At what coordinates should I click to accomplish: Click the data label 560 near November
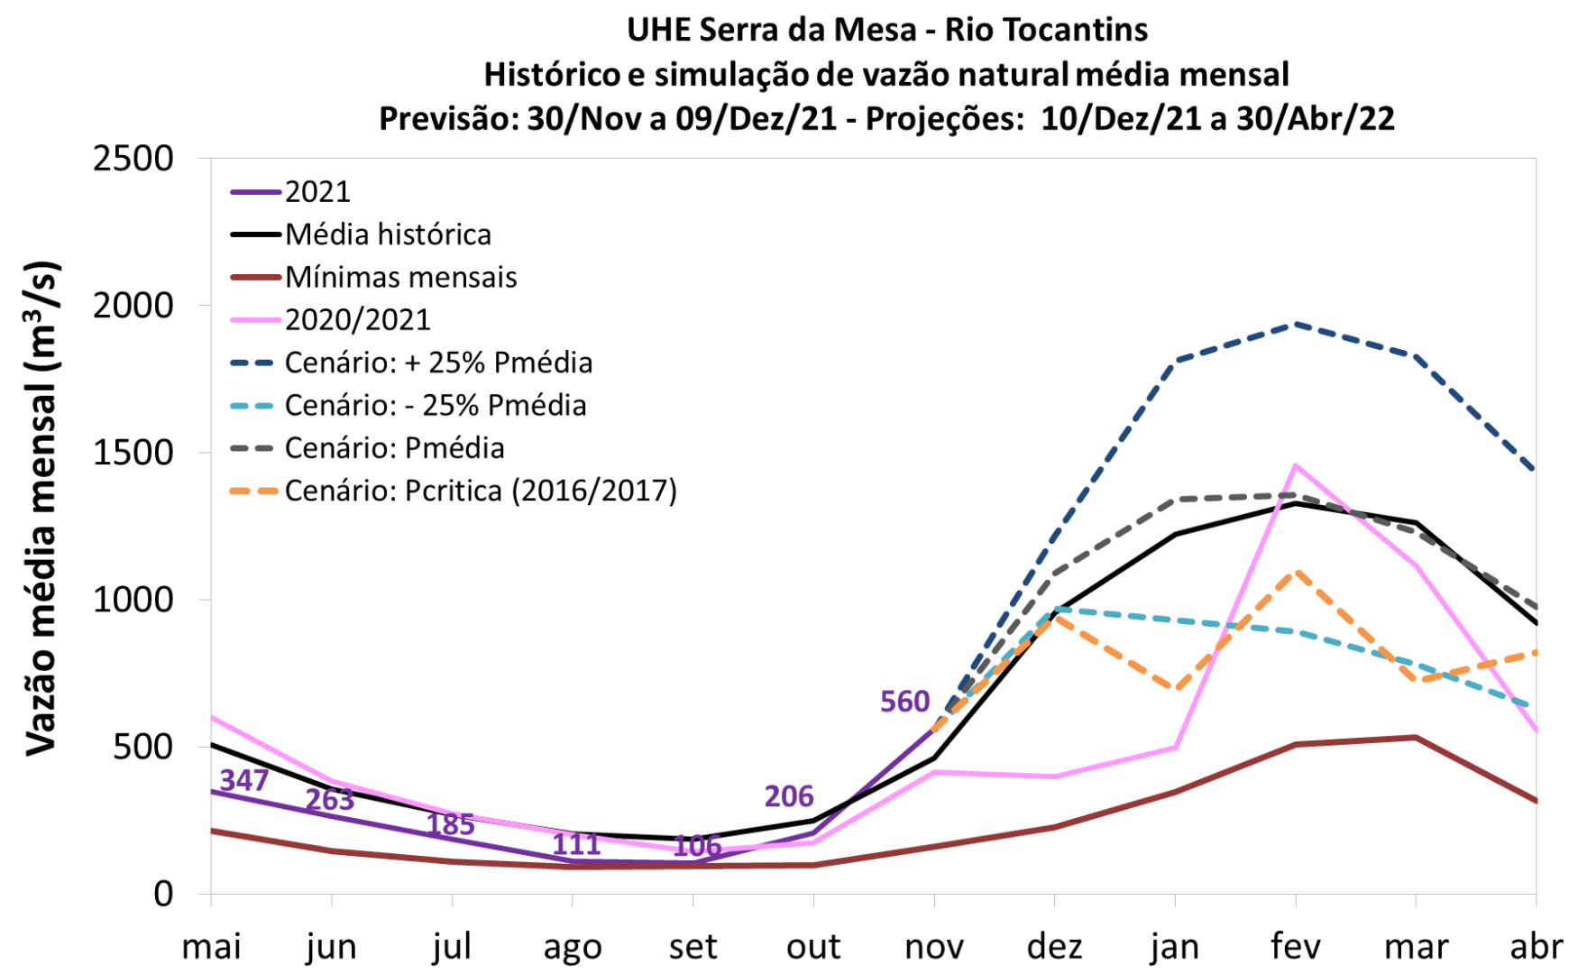904,702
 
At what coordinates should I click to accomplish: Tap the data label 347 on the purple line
243,780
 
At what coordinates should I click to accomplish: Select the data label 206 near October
789,796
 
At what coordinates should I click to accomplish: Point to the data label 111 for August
576,844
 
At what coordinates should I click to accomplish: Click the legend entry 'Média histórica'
388,234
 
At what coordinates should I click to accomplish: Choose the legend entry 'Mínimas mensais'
400,277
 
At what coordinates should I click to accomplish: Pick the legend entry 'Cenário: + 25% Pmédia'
438,363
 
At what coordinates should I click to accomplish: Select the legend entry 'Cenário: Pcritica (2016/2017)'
481,491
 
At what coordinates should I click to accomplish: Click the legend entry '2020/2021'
357,319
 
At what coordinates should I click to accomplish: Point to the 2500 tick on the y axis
133,159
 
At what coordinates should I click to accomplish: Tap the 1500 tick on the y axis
133,453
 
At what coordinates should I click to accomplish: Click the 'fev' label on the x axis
1296,947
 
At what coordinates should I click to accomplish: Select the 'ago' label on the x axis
573,947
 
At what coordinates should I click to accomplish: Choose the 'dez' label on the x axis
1054,947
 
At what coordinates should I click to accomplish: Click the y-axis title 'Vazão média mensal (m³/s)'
43,510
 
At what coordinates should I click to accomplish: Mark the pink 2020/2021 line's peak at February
1296,465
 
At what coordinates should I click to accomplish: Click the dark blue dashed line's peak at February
1296,324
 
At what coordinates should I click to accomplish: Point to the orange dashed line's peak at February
1296,571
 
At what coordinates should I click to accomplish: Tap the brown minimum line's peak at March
1416,738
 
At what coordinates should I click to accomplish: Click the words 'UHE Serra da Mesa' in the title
772,30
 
